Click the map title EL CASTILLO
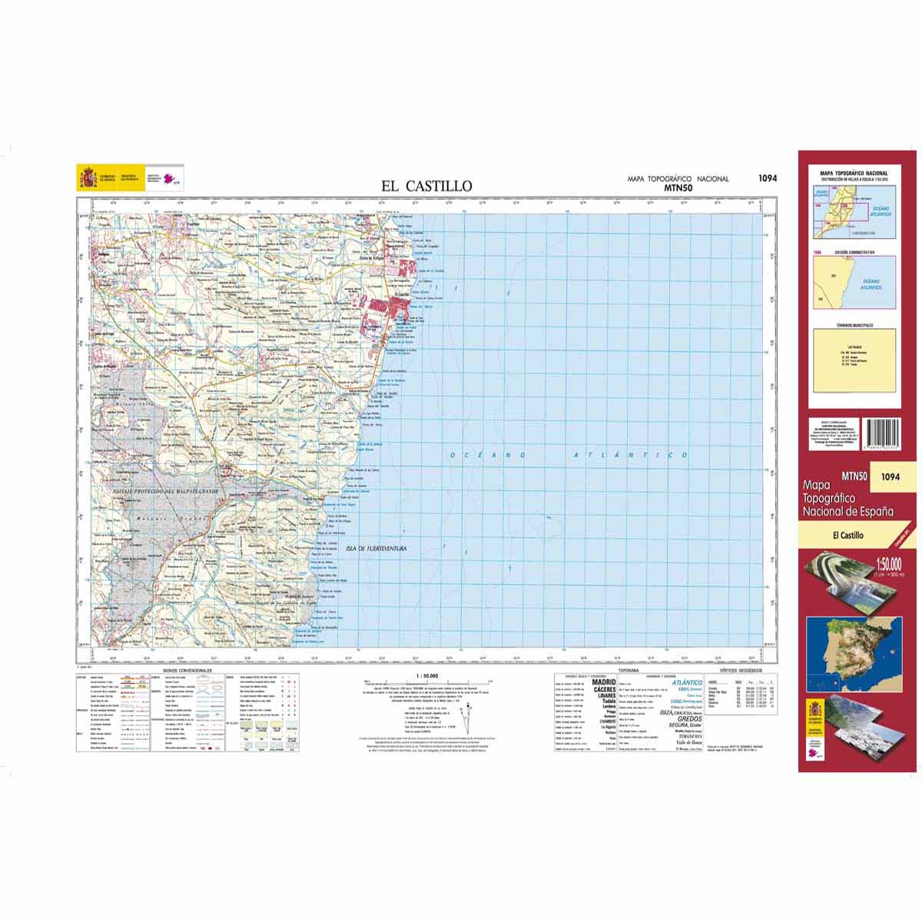coord(427,186)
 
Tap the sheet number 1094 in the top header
coord(767,178)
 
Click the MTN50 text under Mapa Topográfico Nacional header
coord(678,187)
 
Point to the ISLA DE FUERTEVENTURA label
coord(376,549)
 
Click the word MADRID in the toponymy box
coord(605,682)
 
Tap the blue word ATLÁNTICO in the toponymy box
coord(687,682)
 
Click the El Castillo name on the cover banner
coord(847,536)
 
